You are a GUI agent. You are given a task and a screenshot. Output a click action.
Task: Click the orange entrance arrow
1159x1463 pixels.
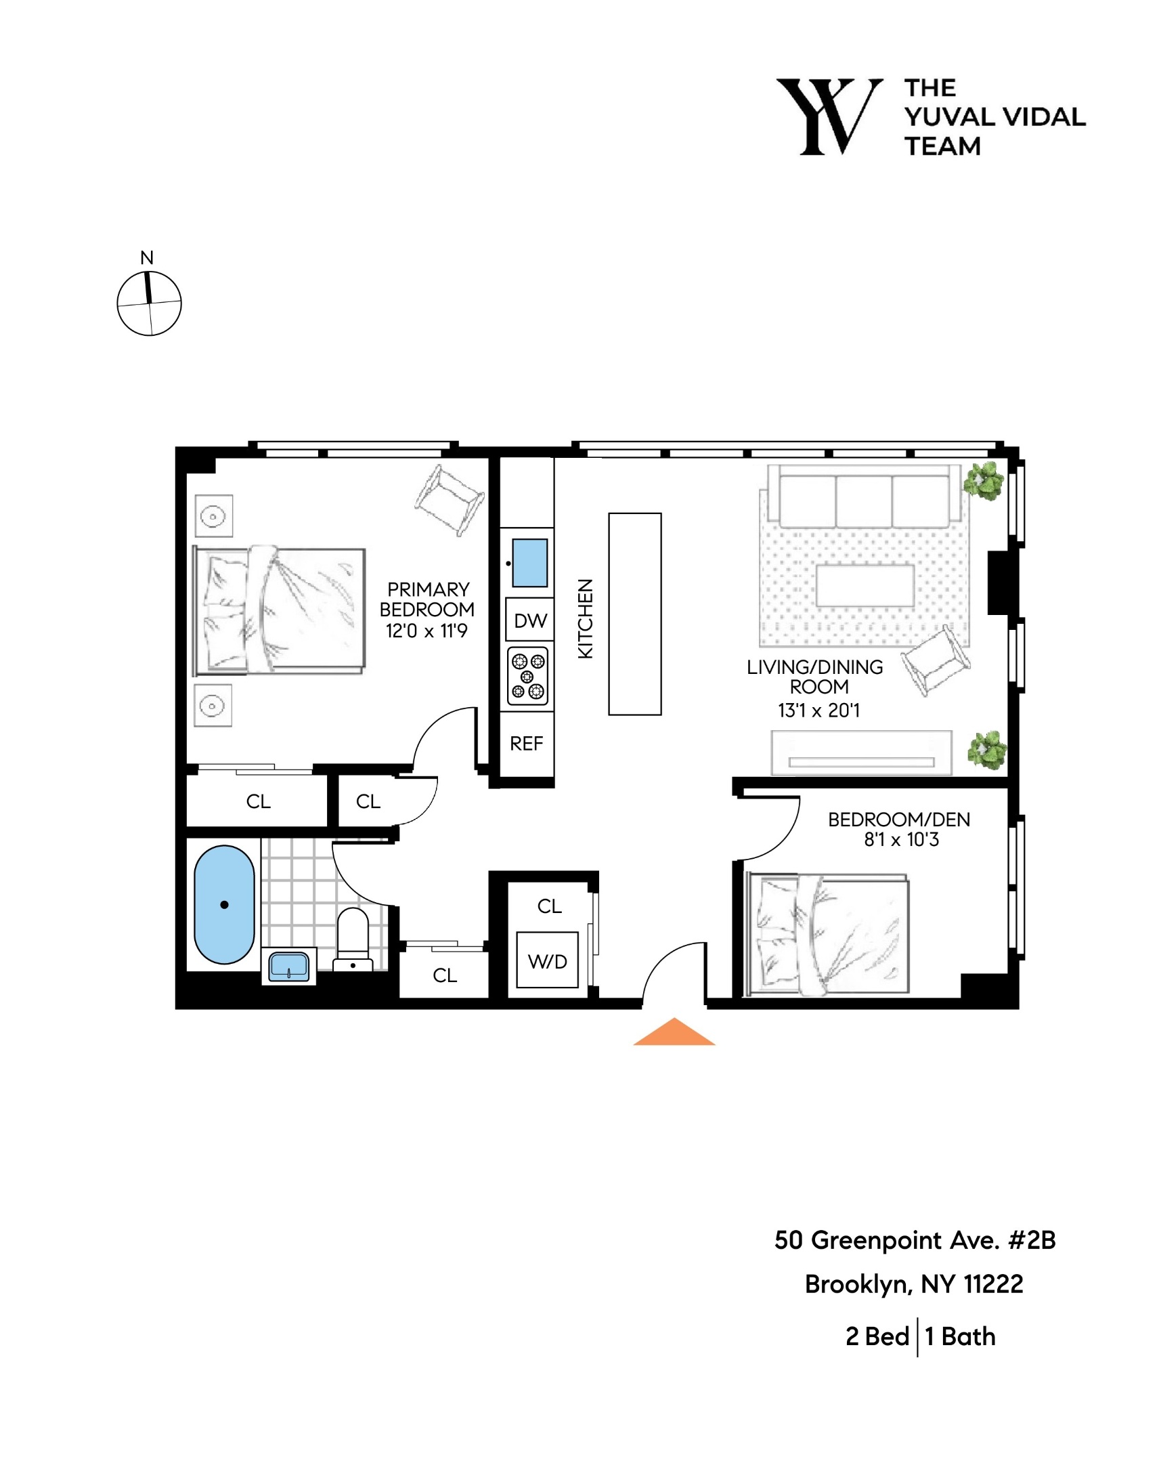point(674,1034)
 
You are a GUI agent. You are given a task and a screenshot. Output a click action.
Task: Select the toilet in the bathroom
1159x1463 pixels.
point(353,939)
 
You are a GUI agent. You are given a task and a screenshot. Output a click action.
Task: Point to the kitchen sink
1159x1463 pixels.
point(529,563)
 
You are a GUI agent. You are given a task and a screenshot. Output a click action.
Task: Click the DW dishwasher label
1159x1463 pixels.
point(529,620)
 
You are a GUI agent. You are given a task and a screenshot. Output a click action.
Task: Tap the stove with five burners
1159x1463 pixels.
point(527,676)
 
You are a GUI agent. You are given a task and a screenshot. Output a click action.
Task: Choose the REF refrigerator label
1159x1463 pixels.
point(526,744)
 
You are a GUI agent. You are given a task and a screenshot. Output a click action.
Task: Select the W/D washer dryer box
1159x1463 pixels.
point(546,961)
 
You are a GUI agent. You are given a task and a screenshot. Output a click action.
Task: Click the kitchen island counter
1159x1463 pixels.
point(634,614)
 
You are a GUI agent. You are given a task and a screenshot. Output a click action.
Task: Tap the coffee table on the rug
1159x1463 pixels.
point(864,585)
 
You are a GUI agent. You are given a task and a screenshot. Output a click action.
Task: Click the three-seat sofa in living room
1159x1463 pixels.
point(864,497)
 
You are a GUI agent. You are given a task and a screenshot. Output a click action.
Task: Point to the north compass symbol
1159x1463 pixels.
point(149,302)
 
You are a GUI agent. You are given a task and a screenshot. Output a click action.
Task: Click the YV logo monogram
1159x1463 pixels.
point(829,116)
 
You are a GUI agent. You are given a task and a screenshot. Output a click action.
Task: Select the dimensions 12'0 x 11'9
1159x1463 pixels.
point(427,631)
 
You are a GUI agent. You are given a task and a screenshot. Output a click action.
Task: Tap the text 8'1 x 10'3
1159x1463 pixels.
point(900,840)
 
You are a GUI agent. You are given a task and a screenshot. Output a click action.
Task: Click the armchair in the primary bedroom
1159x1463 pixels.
point(449,499)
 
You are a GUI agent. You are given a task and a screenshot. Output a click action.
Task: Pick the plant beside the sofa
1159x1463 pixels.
point(984,481)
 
